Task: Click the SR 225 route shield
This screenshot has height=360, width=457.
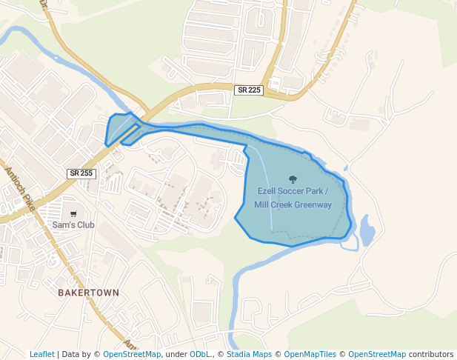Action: (249, 90)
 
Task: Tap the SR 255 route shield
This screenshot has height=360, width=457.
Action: (81, 173)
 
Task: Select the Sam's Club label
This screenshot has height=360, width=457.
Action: (73, 224)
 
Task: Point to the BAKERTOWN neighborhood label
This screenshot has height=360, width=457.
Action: (88, 293)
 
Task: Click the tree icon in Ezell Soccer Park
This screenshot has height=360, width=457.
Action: (293, 179)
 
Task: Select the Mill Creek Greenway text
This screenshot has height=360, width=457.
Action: (293, 205)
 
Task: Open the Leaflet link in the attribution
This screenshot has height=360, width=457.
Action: (41, 354)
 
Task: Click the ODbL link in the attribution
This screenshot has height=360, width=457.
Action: (200, 354)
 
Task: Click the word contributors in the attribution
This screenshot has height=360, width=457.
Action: (431, 354)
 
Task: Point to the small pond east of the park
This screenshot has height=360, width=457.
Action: (367, 231)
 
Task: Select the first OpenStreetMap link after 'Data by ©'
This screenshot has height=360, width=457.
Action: (132, 354)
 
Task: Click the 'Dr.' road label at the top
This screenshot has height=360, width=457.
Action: (44, 4)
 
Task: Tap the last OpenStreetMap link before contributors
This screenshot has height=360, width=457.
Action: (377, 354)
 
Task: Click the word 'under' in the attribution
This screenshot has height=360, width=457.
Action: (176, 354)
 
